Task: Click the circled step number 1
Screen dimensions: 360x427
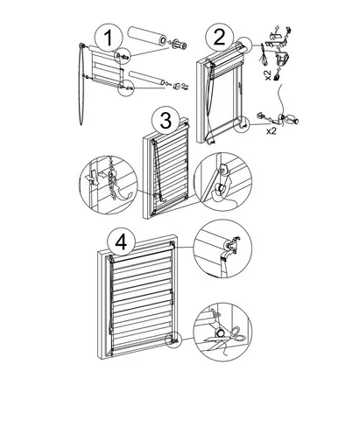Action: [109, 38]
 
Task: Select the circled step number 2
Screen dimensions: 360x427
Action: [219, 38]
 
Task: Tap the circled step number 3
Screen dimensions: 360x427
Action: [166, 120]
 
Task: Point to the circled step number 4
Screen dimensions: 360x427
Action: [121, 242]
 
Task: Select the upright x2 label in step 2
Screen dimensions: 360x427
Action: [272, 131]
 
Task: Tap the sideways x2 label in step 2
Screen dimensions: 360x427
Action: [268, 75]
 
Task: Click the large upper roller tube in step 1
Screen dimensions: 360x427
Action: [147, 36]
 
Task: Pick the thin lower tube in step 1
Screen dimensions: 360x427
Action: [147, 78]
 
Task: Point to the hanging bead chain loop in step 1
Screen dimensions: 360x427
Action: [81, 85]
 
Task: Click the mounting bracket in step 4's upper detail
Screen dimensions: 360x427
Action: [234, 244]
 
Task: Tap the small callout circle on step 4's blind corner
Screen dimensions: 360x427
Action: [173, 339]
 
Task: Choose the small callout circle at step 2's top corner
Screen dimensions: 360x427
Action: [243, 45]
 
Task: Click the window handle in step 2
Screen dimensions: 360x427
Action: [241, 88]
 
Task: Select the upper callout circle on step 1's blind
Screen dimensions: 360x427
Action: [122, 56]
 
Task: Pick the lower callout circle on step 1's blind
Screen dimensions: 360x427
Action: [126, 87]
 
